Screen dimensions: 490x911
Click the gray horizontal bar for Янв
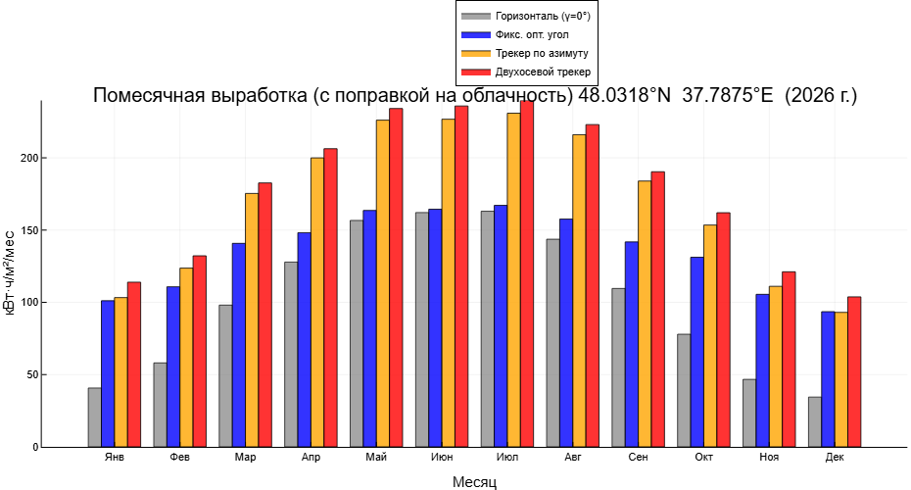pos(94,417)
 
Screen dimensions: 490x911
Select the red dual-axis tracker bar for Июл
pos(527,274)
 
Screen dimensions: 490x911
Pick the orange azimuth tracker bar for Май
pos(383,283)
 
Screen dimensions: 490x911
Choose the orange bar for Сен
pos(645,314)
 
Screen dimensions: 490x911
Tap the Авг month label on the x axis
pos(572,458)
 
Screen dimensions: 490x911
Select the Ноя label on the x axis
pos(769,458)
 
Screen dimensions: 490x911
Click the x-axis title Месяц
pos(474,482)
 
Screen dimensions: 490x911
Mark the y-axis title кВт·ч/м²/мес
pos(10,271)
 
